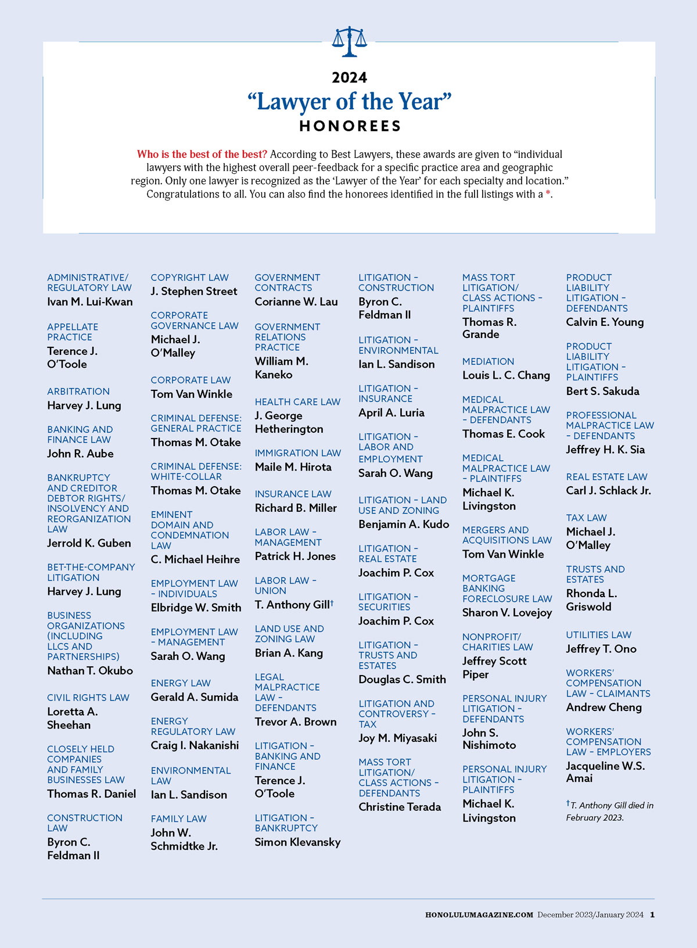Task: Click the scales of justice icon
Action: pos(350,42)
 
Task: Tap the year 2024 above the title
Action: pos(350,78)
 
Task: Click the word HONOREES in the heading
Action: pos(350,126)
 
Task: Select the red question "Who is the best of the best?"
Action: pos(202,155)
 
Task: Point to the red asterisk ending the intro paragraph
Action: pos(548,194)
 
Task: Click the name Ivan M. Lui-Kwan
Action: pos(90,302)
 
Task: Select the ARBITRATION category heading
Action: pos(78,392)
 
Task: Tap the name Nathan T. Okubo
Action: pos(90,671)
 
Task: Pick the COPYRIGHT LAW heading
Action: pos(190,278)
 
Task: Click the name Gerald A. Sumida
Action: pos(195,697)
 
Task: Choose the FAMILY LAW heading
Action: pos(179,819)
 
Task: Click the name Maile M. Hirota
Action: pos(293,467)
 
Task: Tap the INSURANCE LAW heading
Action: pos(293,494)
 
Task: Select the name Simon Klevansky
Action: pos(297,842)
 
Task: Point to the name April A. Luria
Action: pos(391,413)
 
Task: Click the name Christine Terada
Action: pos(400,807)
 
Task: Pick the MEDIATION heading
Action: pos(488,362)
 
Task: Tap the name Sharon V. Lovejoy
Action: pos(507,613)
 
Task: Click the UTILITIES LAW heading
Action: pos(599,635)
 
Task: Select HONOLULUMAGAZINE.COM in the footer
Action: pos(479,915)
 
